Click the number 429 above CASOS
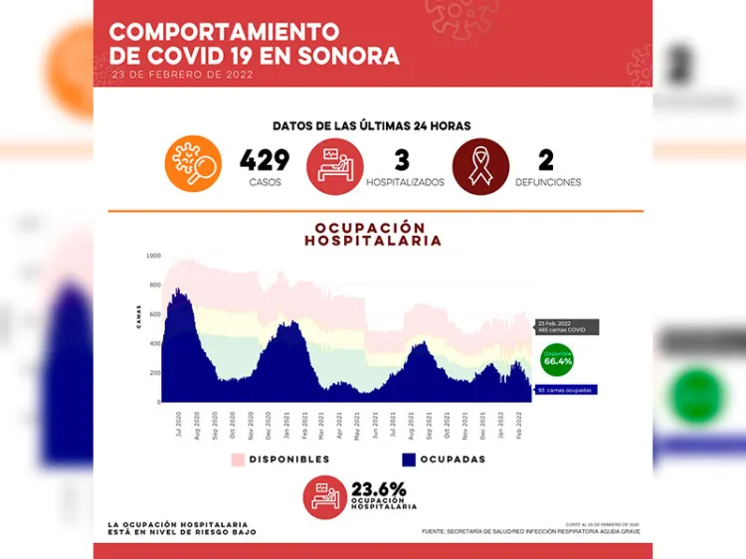(265, 159)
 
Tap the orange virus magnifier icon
(193, 163)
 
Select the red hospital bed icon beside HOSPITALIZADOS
(334, 164)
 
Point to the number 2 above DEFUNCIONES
(546, 159)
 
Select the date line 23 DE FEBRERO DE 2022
(182, 75)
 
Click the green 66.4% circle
(557, 360)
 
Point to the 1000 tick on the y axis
(152, 256)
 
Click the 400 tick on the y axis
(153, 344)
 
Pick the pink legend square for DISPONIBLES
(238, 460)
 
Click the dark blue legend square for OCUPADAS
(408, 460)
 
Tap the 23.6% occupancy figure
(379, 488)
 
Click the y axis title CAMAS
(138, 316)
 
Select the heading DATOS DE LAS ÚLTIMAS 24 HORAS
(372, 126)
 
